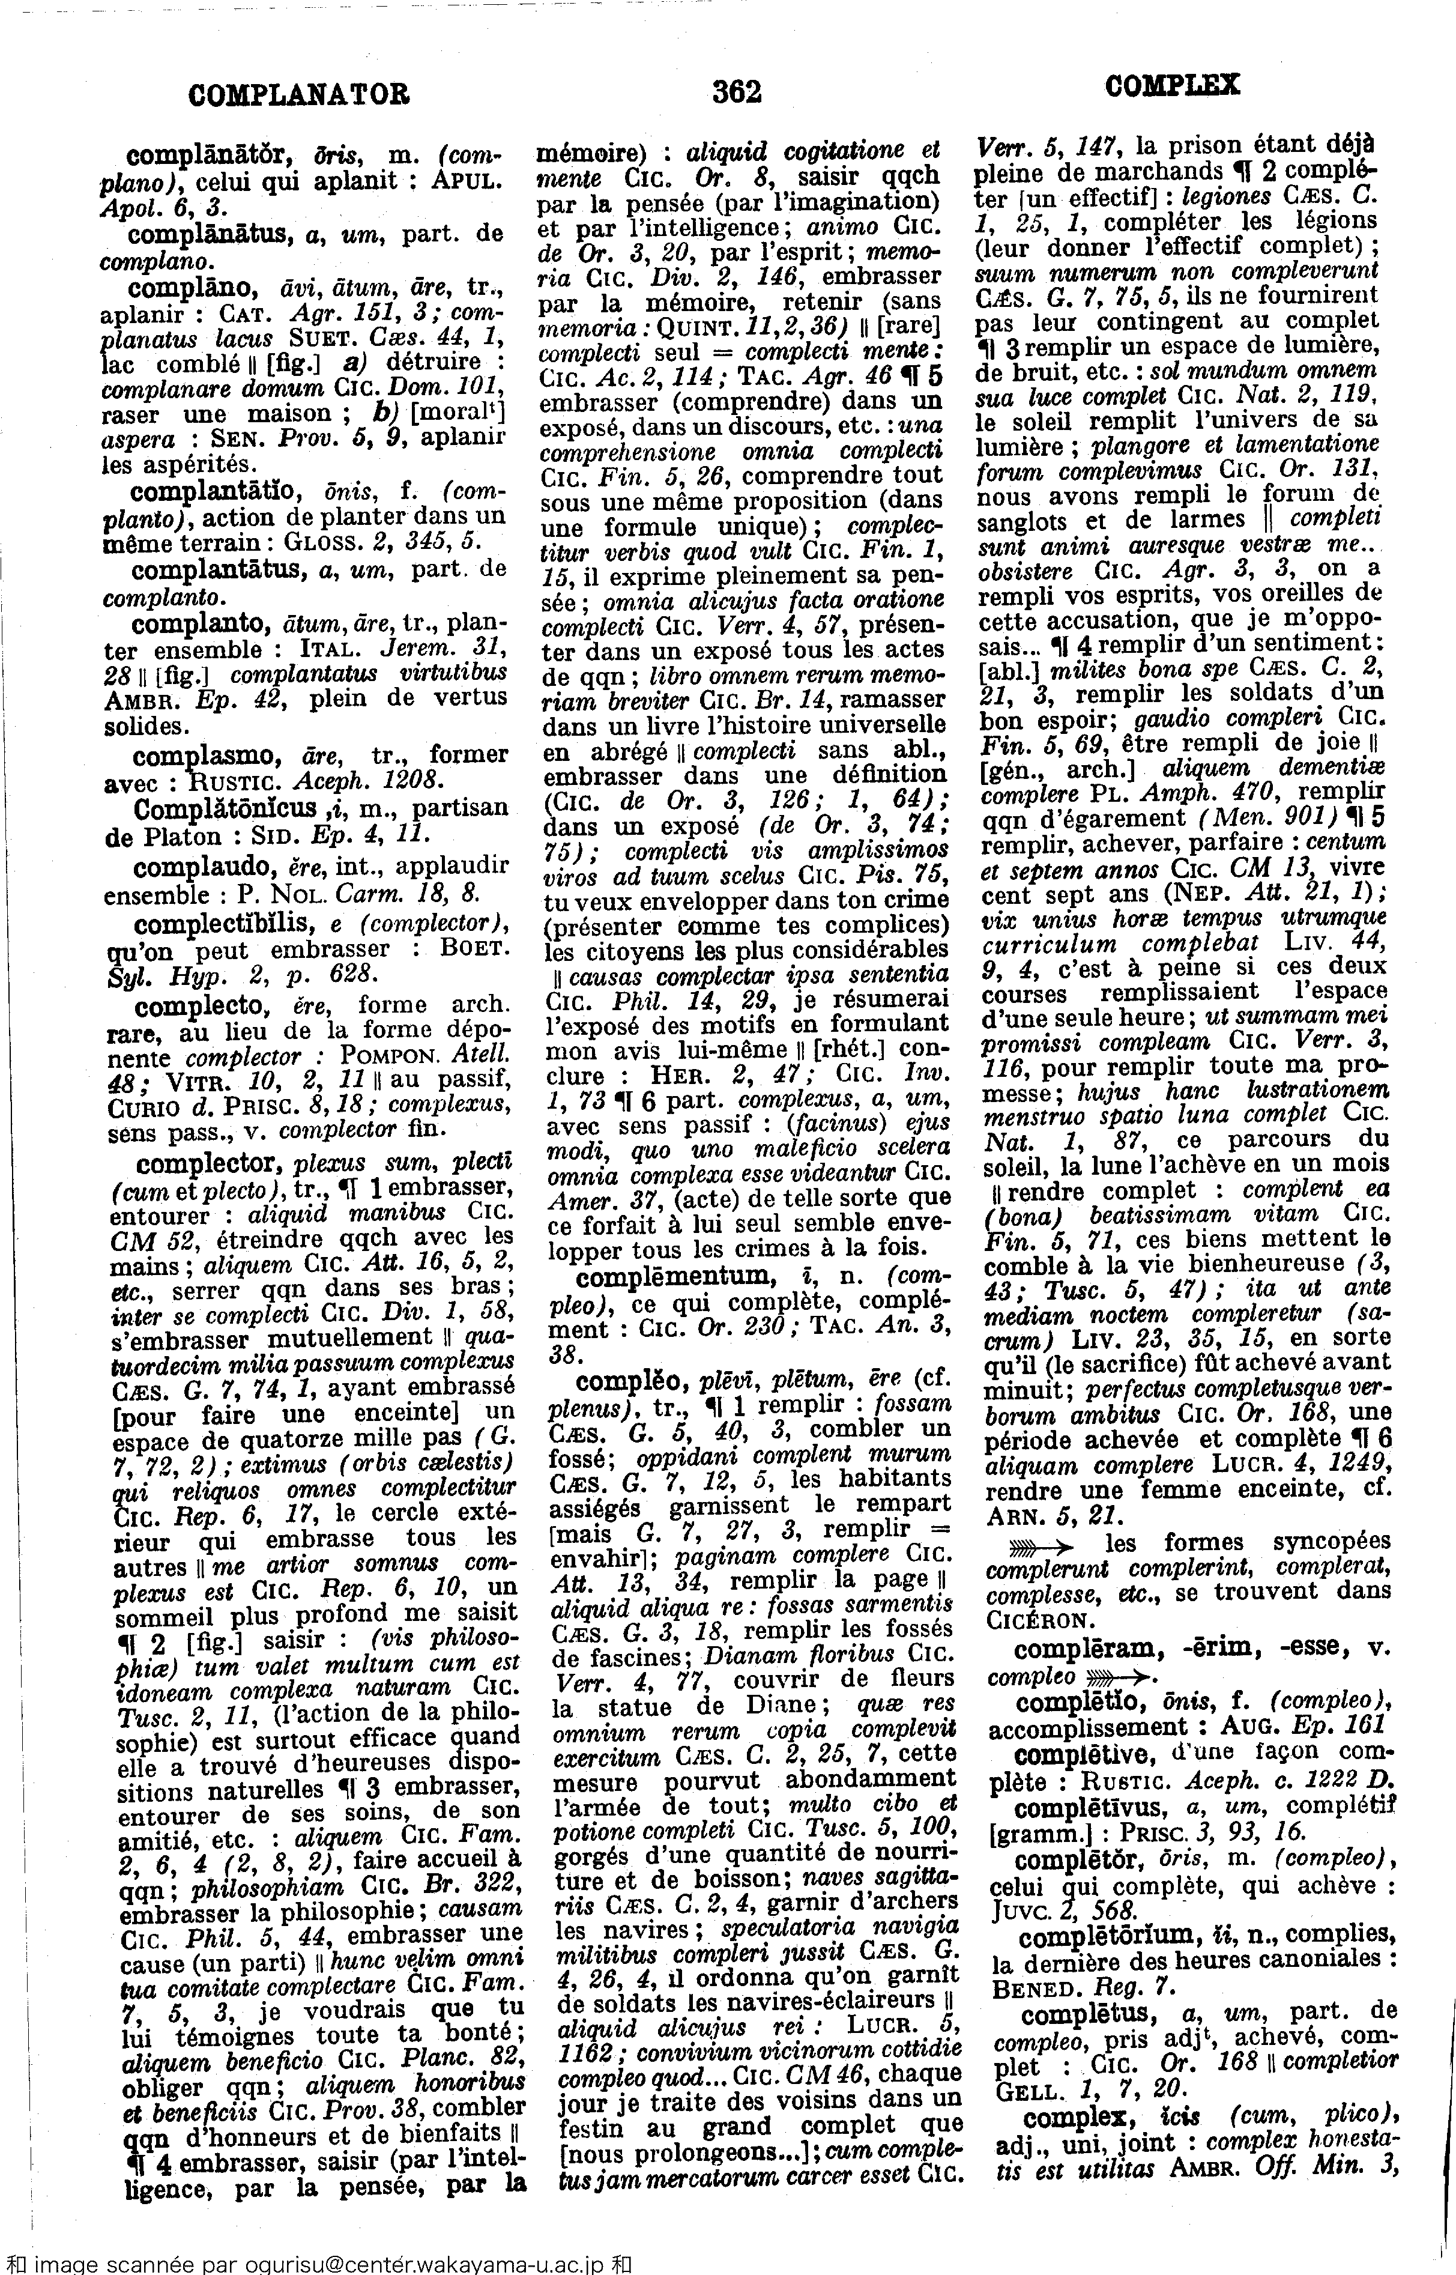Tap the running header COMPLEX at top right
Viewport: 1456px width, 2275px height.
[x=1171, y=85]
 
